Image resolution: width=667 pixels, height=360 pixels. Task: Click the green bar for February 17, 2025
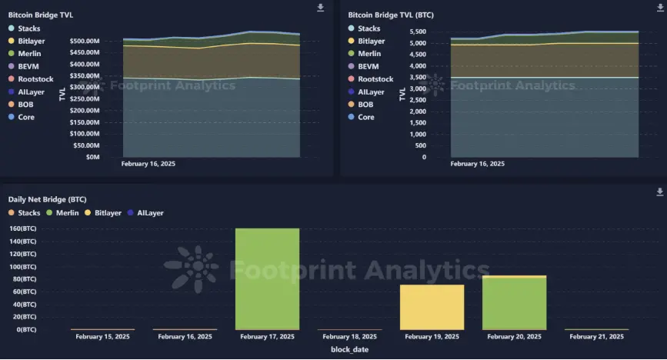click(267, 278)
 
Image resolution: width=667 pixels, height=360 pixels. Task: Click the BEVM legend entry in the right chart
click(368, 66)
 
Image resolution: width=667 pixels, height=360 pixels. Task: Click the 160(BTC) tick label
click(22, 228)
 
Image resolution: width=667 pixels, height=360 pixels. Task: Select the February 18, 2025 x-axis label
click(349, 337)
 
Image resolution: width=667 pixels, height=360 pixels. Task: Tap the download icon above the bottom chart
click(659, 192)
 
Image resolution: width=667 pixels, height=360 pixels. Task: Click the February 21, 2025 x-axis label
click(596, 337)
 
